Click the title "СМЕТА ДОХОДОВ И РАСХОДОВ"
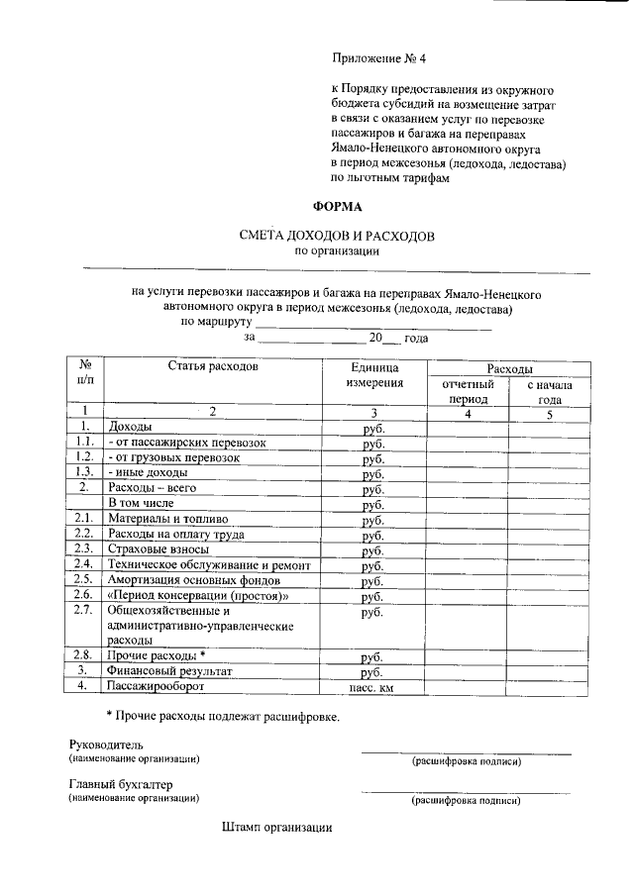[337, 236]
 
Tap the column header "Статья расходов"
[212, 366]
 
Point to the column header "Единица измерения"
[374, 374]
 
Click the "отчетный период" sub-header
[468, 390]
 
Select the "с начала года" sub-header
[550, 390]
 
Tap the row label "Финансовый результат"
[169, 670]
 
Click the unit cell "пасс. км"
[372, 686]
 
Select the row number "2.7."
[84, 610]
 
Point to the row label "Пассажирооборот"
[156, 685]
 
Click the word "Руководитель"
[106, 744]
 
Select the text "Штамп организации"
[277, 827]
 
